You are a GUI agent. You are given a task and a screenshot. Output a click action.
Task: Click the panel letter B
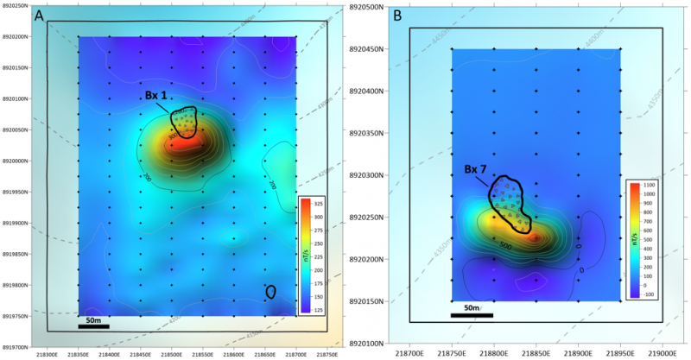click(397, 16)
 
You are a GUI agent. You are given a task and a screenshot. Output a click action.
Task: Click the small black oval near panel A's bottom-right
click(270, 292)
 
